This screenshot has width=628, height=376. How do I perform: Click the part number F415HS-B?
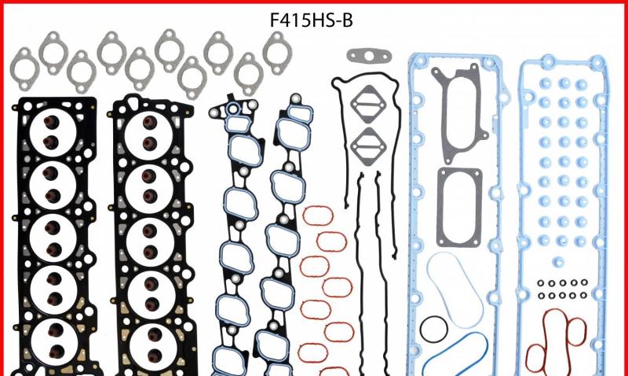(311, 20)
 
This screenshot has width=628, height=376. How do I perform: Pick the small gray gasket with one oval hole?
(369, 56)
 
